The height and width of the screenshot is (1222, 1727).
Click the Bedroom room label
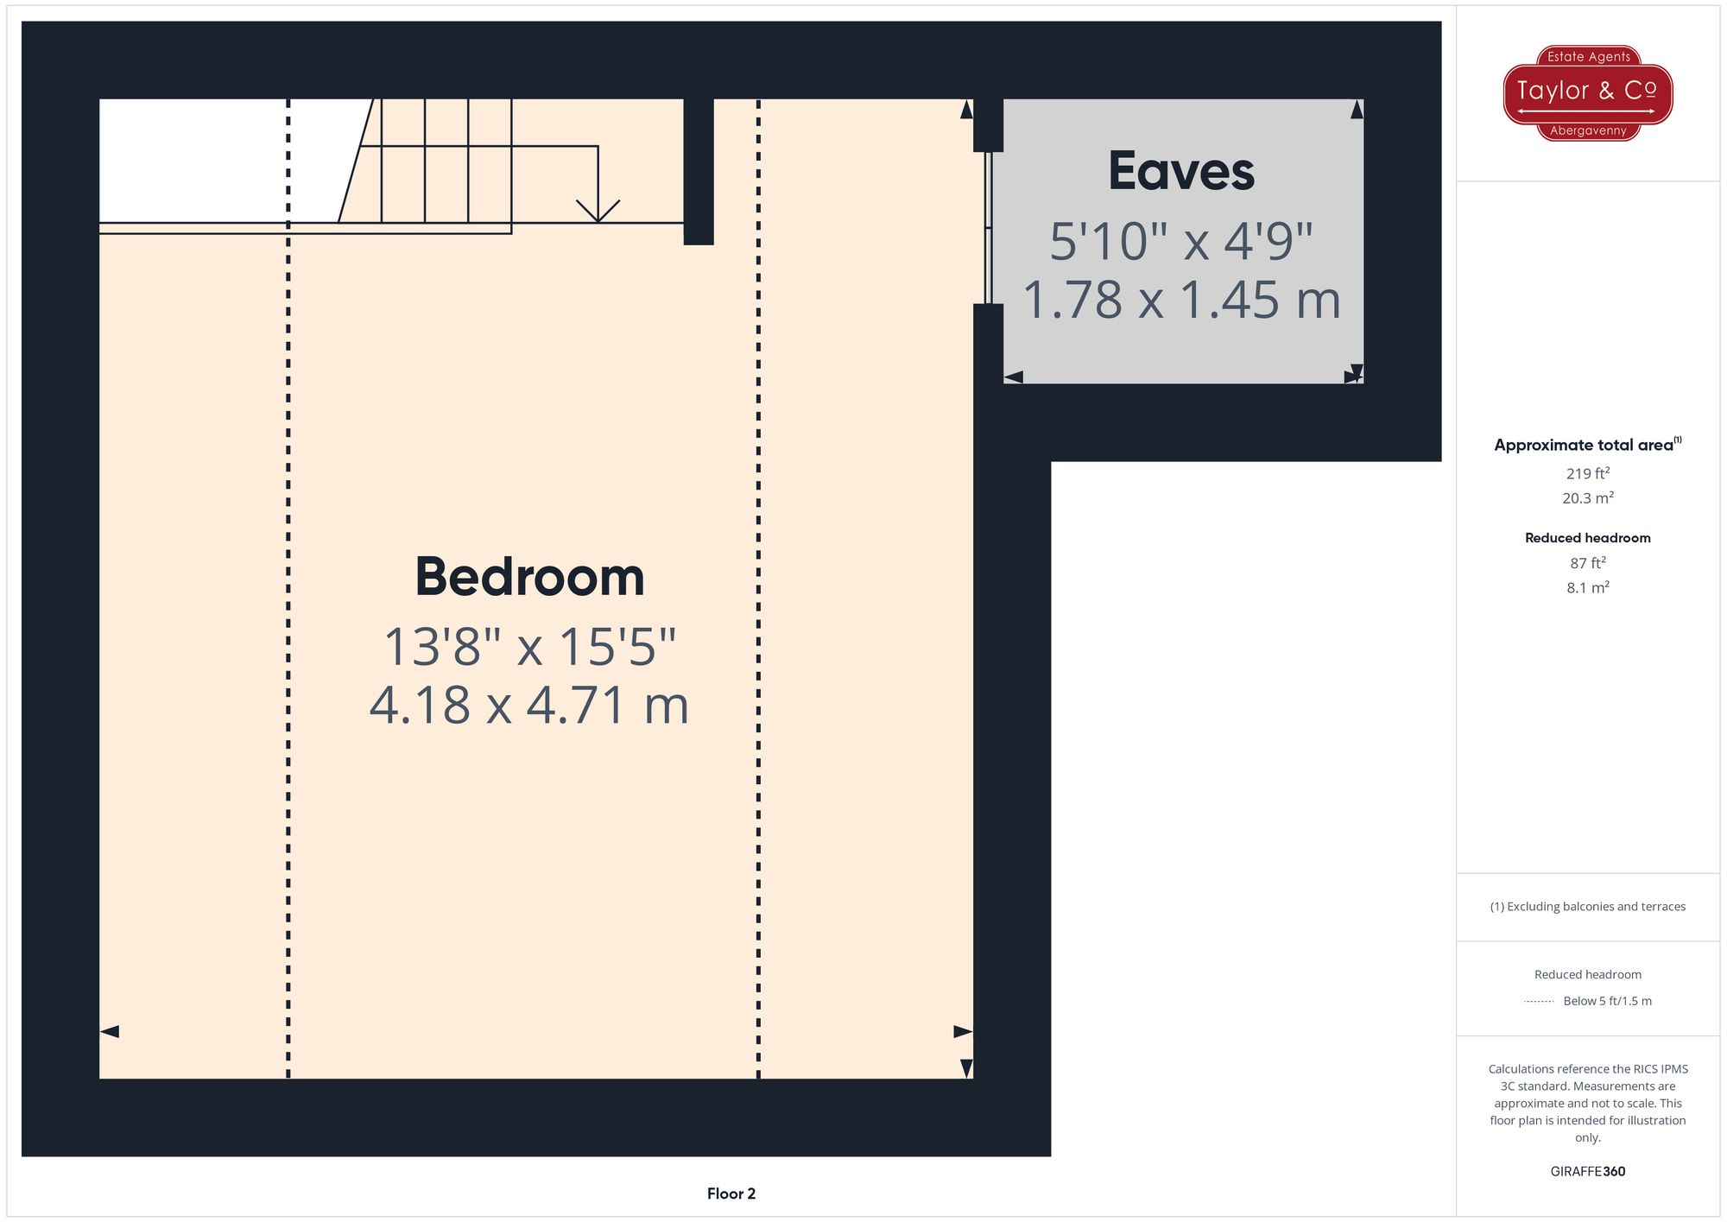click(x=529, y=577)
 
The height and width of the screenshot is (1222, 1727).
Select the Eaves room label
click(x=1181, y=171)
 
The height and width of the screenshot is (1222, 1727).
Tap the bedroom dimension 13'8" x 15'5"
click(x=529, y=646)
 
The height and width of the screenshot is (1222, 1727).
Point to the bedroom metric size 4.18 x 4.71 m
click(x=529, y=705)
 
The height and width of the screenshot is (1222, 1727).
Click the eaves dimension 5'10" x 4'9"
click(x=1181, y=241)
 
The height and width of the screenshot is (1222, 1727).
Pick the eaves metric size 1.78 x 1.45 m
click(x=1181, y=300)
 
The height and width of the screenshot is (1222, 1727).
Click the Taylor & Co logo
click(x=1587, y=92)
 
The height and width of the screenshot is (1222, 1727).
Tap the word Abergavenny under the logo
click(x=1588, y=131)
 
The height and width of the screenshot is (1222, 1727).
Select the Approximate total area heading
click(x=1583, y=445)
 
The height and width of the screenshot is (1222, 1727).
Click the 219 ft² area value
click(x=1587, y=473)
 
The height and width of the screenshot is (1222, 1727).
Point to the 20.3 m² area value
click(x=1587, y=498)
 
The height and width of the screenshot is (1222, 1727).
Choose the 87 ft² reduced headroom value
click(x=1587, y=563)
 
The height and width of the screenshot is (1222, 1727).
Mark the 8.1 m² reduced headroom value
click(x=1587, y=588)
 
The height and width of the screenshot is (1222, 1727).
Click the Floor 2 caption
click(x=731, y=1194)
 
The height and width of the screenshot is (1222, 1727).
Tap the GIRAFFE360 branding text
click(x=1587, y=1172)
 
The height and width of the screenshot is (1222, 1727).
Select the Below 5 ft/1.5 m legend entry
click(x=1607, y=1001)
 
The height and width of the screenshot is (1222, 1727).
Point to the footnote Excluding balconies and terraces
click(x=1587, y=907)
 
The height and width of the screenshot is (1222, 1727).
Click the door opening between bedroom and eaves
click(x=988, y=228)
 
